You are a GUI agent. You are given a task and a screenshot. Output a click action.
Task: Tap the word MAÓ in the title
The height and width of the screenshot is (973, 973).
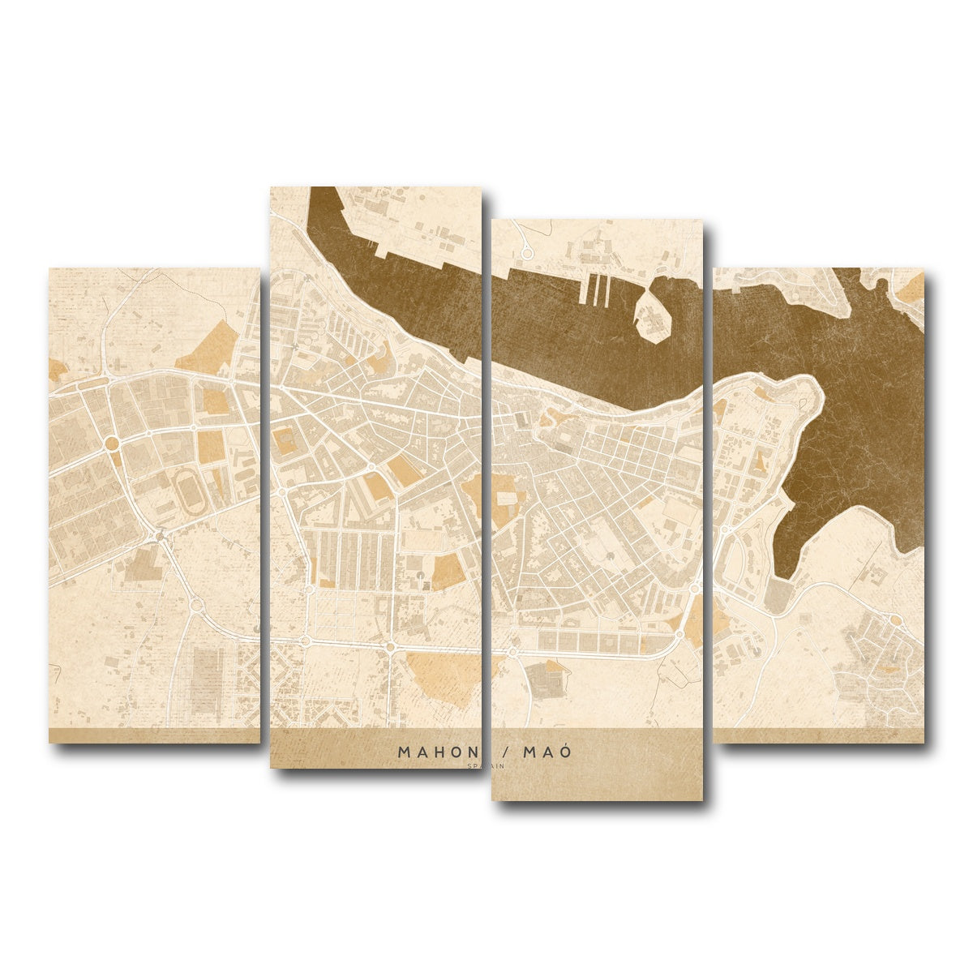(x=547, y=752)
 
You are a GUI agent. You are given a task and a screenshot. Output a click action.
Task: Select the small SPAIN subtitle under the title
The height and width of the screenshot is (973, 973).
(x=486, y=765)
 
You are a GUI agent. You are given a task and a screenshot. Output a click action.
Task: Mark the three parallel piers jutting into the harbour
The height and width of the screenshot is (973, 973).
(x=598, y=290)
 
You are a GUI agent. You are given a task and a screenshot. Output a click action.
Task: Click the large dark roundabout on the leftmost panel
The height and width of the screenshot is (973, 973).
(x=112, y=444)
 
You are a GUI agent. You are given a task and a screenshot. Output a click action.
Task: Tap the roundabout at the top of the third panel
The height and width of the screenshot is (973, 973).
(x=525, y=253)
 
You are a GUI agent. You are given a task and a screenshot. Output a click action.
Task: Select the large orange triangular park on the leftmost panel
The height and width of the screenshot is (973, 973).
(x=208, y=348)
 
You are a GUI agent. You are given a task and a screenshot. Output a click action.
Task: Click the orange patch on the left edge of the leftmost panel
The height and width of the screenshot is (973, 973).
(x=57, y=371)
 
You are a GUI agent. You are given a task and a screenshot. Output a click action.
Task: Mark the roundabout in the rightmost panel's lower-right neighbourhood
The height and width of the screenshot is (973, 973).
(x=895, y=620)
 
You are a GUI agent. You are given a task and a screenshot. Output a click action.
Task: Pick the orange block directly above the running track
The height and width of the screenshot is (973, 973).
(x=210, y=447)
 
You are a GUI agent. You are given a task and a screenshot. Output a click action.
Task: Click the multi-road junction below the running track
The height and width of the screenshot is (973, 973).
(x=161, y=534)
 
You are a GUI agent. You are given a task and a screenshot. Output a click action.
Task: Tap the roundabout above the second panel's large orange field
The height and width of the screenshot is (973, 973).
(x=390, y=646)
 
